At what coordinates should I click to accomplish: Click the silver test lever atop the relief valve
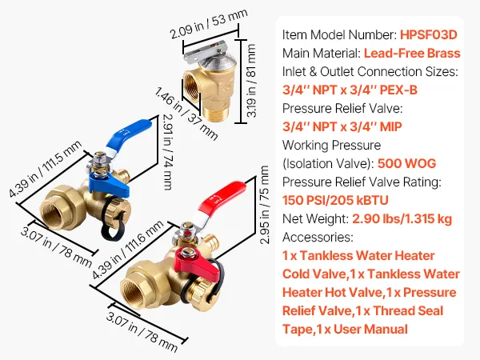pyautogui.click(x=214, y=51)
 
